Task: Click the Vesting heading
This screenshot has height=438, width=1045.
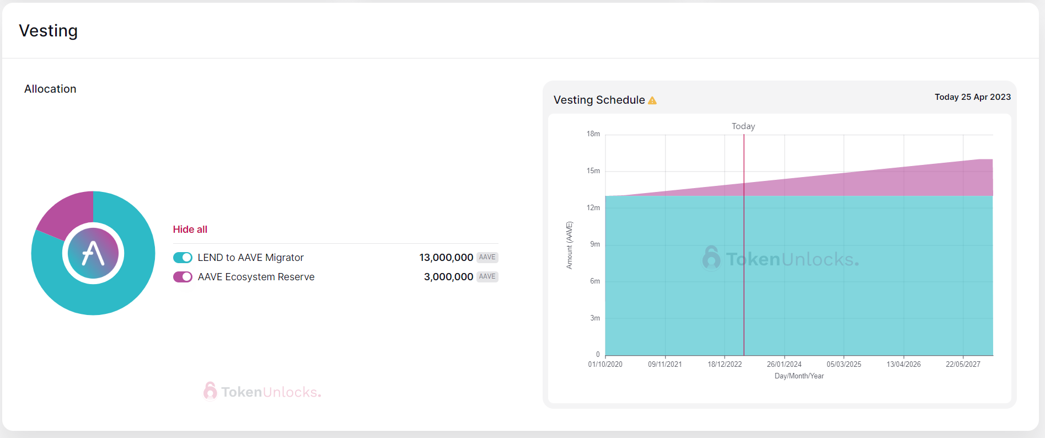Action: [49, 31]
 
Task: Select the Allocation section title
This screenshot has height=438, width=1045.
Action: [50, 89]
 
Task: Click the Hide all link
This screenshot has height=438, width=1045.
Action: [190, 229]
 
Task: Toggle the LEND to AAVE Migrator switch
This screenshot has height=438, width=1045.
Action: [183, 258]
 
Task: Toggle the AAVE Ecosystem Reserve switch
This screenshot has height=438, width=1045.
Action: [183, 277]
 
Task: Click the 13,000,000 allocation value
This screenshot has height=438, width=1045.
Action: [446, 258]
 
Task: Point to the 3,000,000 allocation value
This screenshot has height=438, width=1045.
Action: [448, 277]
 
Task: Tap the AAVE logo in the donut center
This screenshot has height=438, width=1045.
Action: [93, 254]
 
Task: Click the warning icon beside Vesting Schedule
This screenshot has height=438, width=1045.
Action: [652, 100]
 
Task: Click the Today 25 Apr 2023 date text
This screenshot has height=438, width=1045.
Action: [973, 97]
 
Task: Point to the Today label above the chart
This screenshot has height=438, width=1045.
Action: [743, 126]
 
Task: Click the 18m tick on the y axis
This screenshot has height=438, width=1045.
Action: [593, 134]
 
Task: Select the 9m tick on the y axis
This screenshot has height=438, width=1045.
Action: [595, 244]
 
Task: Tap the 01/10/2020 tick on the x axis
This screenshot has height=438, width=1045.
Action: [605, 365]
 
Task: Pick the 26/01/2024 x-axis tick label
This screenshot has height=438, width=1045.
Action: [784, 365]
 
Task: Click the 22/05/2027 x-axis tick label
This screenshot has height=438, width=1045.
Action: [963, 365]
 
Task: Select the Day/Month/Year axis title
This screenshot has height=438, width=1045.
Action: [799, 376]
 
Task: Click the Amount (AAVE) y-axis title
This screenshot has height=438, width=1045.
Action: [570, 245]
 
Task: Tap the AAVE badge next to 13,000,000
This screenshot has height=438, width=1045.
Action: [487, 258]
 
